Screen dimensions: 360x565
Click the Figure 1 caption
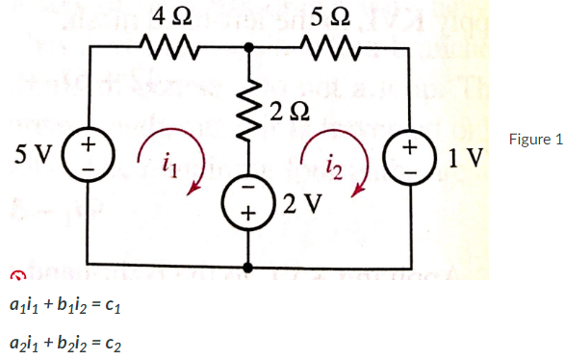tap(536, 140)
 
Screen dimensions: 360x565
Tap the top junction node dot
tap(250, 44)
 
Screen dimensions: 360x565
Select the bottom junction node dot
tap(250, 267)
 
